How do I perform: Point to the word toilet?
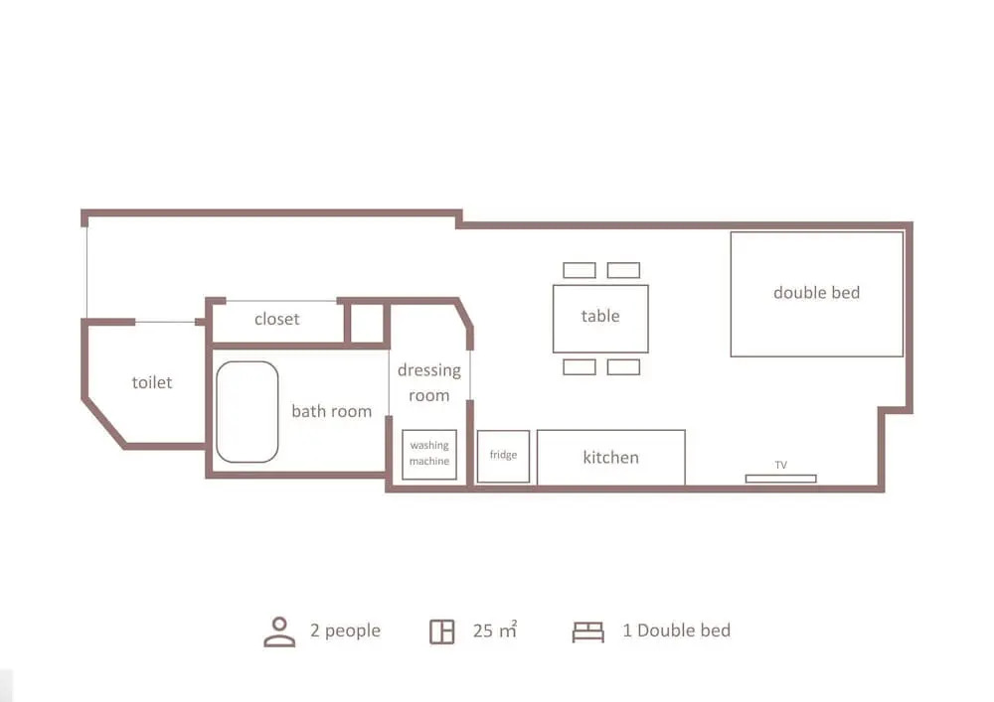(151, 382)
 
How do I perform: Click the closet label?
(276, 319)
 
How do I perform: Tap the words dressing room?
(429, 382)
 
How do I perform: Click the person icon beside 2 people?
(279, 632)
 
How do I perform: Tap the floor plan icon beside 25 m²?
(442, 632)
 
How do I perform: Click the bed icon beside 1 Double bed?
(588, 632)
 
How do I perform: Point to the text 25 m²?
(495, 630)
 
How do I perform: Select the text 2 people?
(346, 632)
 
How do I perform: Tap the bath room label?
(332, 411)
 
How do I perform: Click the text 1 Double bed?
(676, 631)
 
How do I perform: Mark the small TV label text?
(781, 466)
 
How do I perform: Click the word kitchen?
(611, 457)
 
